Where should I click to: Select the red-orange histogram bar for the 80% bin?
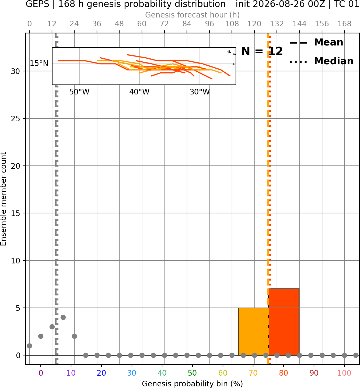(284, 322)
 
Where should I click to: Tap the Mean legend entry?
(316, 43)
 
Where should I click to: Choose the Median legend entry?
(321, 61)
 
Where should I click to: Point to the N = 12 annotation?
(262, 51)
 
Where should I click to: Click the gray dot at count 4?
(63, 318)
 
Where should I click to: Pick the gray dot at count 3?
(52, 327)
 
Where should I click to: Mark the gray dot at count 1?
(29, 346)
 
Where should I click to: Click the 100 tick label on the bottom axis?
(344, 373)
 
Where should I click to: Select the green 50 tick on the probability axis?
(192, 373)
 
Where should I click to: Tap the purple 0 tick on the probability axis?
(41, 373)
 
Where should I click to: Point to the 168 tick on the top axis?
(344, 24)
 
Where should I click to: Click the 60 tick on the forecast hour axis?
(142, 24)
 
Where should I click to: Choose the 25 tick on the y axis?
(15, 119)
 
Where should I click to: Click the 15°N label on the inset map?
(39, 64)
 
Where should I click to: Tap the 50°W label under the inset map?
(79, 92)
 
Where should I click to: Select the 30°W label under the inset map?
(200, 92)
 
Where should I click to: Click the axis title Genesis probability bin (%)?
(193, 384)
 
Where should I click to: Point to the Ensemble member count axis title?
(3, 199)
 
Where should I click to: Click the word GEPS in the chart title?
(37, 4)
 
